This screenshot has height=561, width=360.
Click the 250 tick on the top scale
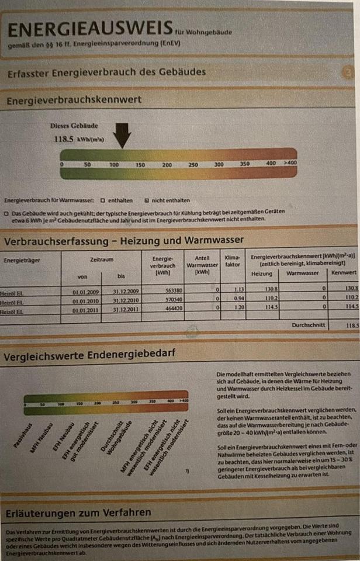tap(193, 164)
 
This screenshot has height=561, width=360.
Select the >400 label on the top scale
tap(290, 162)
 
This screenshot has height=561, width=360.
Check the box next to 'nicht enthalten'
tap(147, 200)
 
